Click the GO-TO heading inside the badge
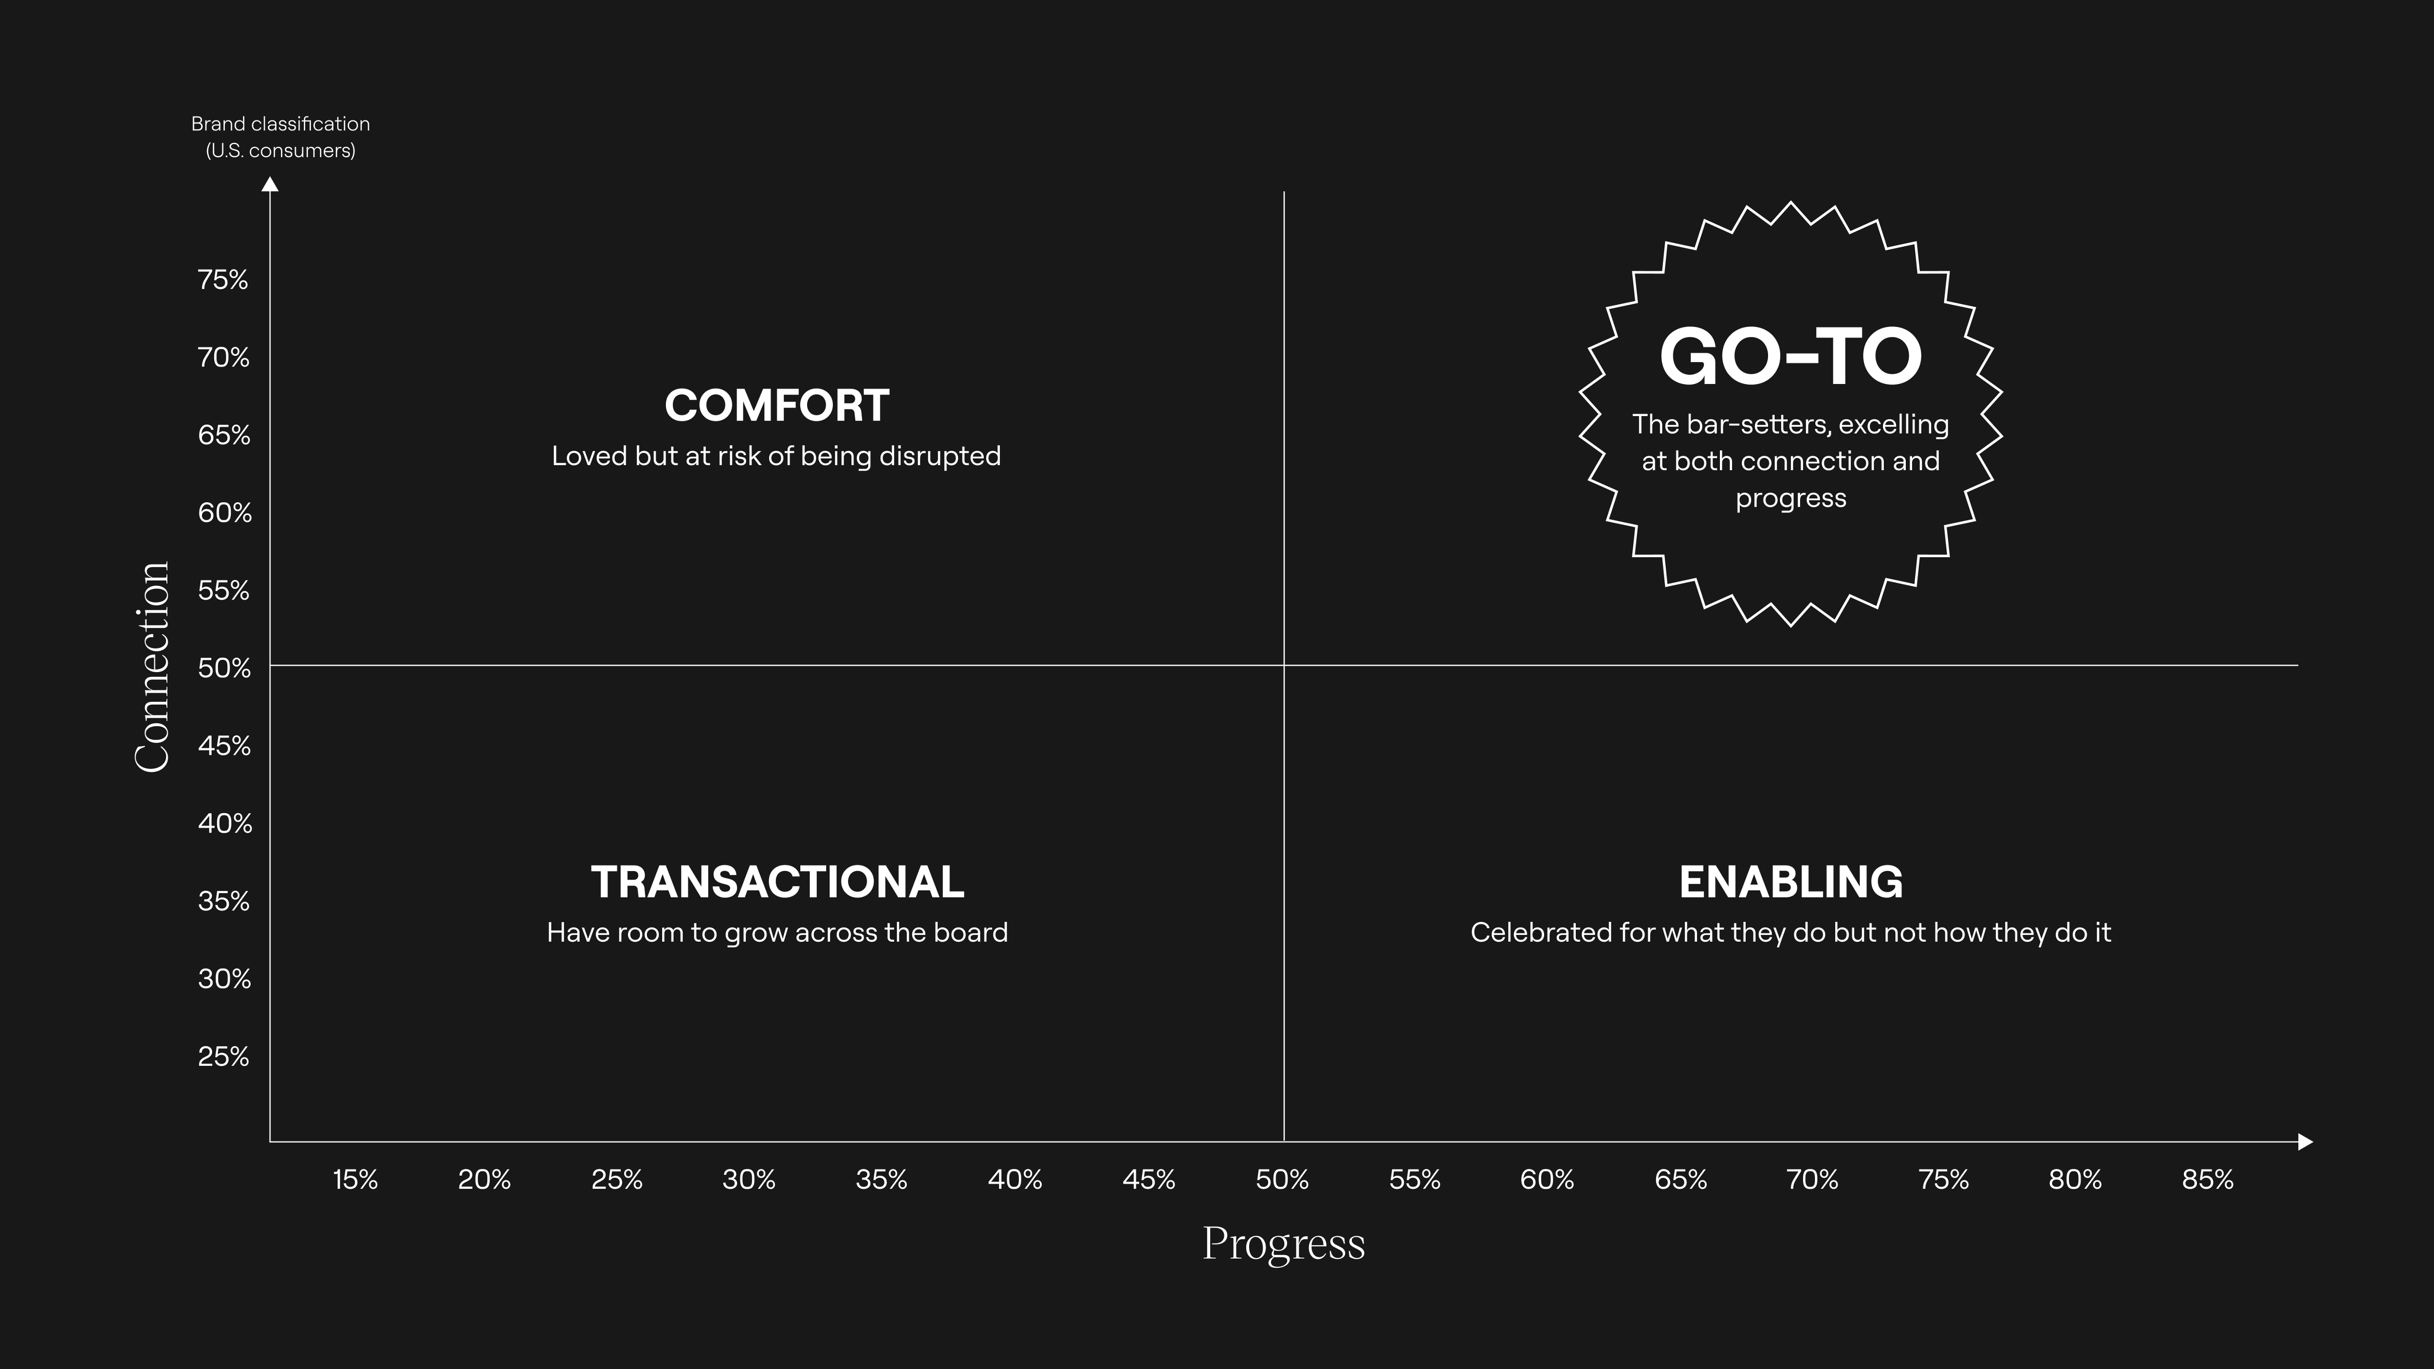pyautogui.click(x=1790, y=357)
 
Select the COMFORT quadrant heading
pyautogui.click(x=776, y=406)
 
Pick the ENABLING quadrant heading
pyautogui.click(x=1790, y=882)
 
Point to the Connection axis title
pyautogui.click(x=152, y=667)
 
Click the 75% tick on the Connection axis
pyautogui.click(x=223, y=280)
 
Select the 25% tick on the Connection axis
pyautogui.click(x=223, y=1056)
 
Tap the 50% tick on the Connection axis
pyautogui.click(x=224, y=668)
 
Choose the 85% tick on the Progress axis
pyautogui.click(x=2207, y=1180)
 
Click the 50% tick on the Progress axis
pyautogui.click(x=1282, y=1180)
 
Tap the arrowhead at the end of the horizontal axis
pyautogui.click(x=2305, y=1141)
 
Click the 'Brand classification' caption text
pyautogui.click(x=280, y=124)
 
